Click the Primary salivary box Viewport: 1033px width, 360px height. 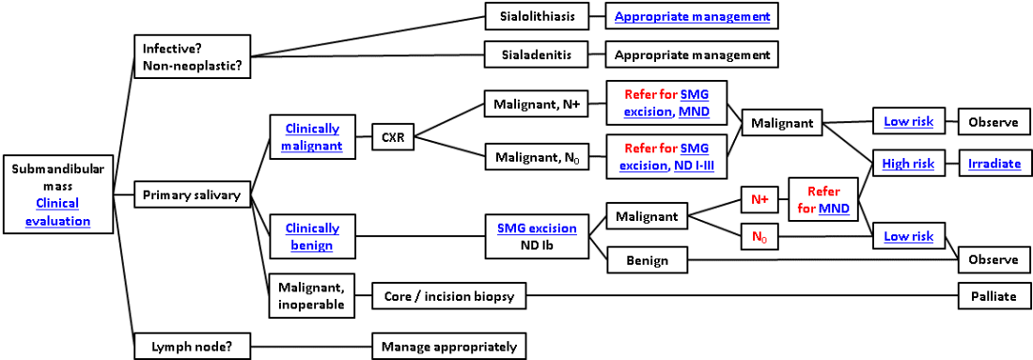pos(192,196)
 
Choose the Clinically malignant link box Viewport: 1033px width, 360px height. pos(310,137)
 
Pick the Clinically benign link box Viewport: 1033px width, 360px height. pos(310,236)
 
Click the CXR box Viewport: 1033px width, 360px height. pos(392,137)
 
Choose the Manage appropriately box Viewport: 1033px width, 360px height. pos(448,346)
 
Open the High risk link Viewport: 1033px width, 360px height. pos(908,164)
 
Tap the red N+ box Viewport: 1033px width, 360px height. pos(759,199)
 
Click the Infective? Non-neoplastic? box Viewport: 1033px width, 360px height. pos(191,55)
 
